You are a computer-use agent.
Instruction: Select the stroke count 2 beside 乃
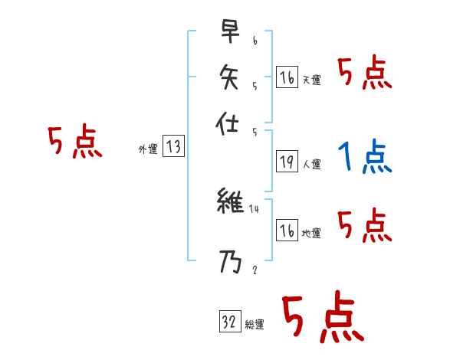pyautogui.click(x=254, y=270)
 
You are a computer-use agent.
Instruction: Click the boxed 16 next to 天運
pyautogui.click(x=287, y=77)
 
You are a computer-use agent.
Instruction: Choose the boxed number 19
pyautogui.click(x=287, y=161)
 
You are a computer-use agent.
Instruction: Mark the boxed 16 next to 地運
pyautogui.click(x=287, y=230)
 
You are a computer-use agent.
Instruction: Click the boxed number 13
pyautogui.click(x=173, y=147)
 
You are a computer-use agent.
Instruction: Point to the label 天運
pyautogui.click(x=311, y=80)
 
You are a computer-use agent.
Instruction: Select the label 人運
pyautogui.click(x=311, y=164)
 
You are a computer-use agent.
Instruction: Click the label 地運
pyautogui.click(x=311, y=233)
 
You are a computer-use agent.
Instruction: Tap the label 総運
pyautogui.click(x=255, y=325)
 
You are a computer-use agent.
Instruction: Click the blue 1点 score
pyautogui.click(x=364, y=159)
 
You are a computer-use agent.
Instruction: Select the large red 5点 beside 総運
pyautogui.click(x=322, y=316)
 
